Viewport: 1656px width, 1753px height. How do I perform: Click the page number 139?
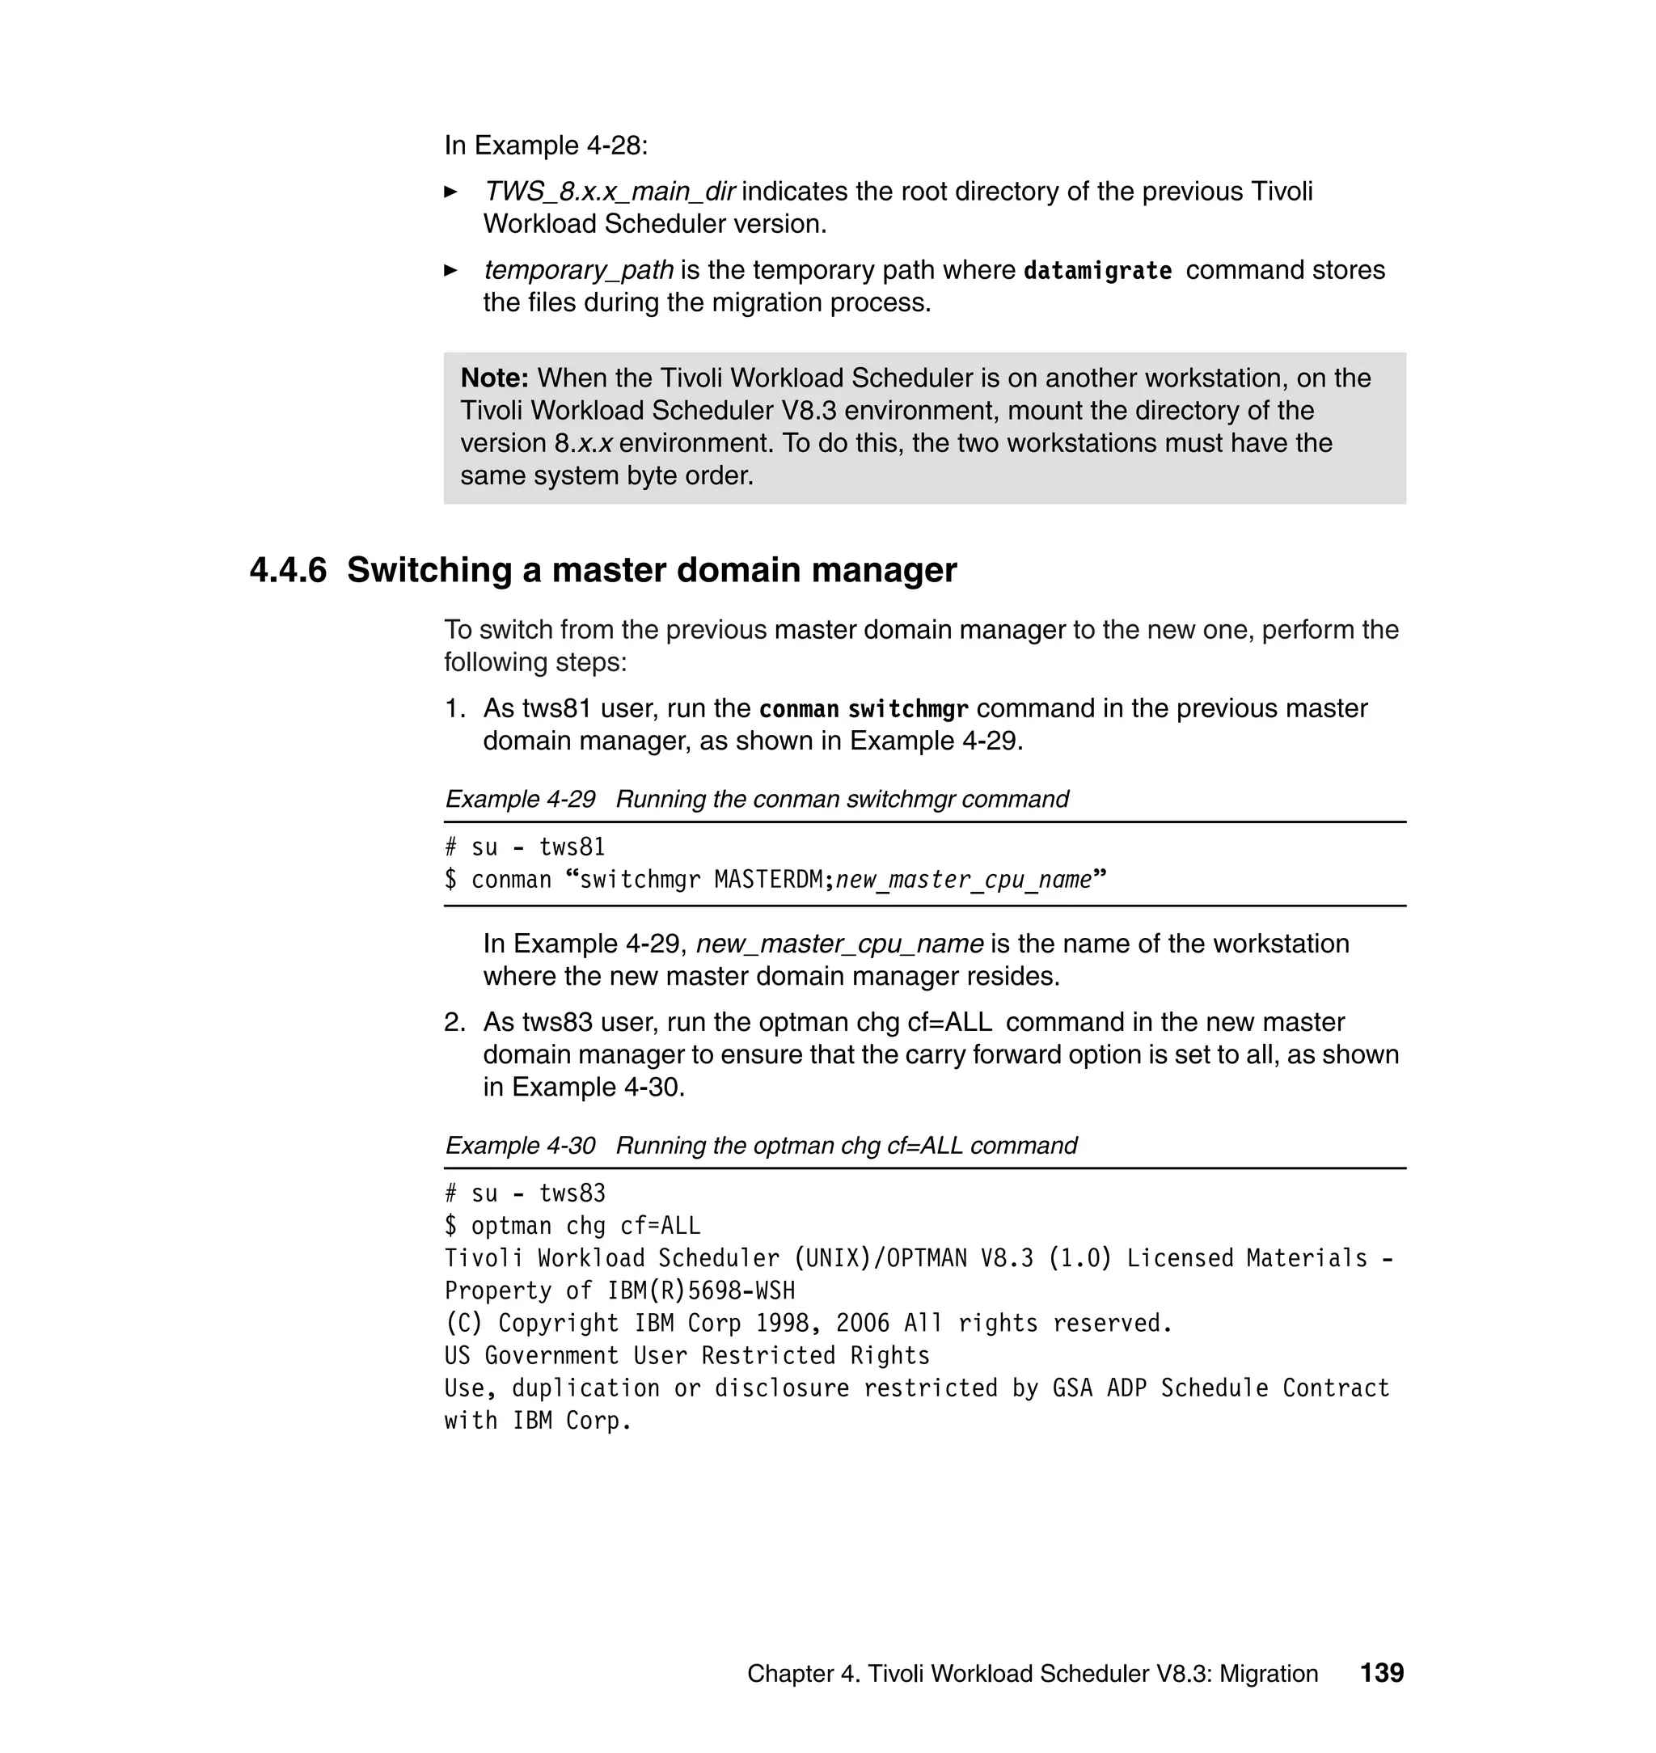[x=1381, y=1673]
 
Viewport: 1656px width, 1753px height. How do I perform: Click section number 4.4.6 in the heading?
[x=288, y=570]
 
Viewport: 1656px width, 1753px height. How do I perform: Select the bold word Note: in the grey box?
[x=494, y=378]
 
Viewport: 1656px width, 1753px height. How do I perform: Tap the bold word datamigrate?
[x=1097, y=270]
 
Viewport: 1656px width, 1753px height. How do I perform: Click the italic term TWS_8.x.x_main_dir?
[x=609, y=192]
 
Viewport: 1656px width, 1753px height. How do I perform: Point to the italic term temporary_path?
[x=578, y=270]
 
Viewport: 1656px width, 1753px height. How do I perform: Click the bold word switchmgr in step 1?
[x=907, y=709]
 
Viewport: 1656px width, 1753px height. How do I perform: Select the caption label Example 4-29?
[x=520, y=799]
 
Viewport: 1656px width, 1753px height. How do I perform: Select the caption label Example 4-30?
[x=520, y=1145]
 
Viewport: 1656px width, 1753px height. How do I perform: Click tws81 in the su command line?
[x=572, y=847]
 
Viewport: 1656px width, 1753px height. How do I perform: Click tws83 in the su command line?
[x=572, y=1193]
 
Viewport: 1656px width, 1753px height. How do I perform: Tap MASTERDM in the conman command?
[x=768, y=880]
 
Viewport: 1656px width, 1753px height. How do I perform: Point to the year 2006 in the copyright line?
[x=863, y=1323]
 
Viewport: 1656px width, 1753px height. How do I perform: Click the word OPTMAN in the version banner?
[x=926, y=1258]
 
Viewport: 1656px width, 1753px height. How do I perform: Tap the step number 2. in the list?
[x=454, y=1022]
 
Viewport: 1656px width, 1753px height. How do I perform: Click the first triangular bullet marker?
[x=450, y=192]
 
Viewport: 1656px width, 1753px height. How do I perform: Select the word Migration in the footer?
[x=1269, y=1674]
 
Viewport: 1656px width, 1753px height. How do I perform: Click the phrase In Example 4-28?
[x=546, y=146]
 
